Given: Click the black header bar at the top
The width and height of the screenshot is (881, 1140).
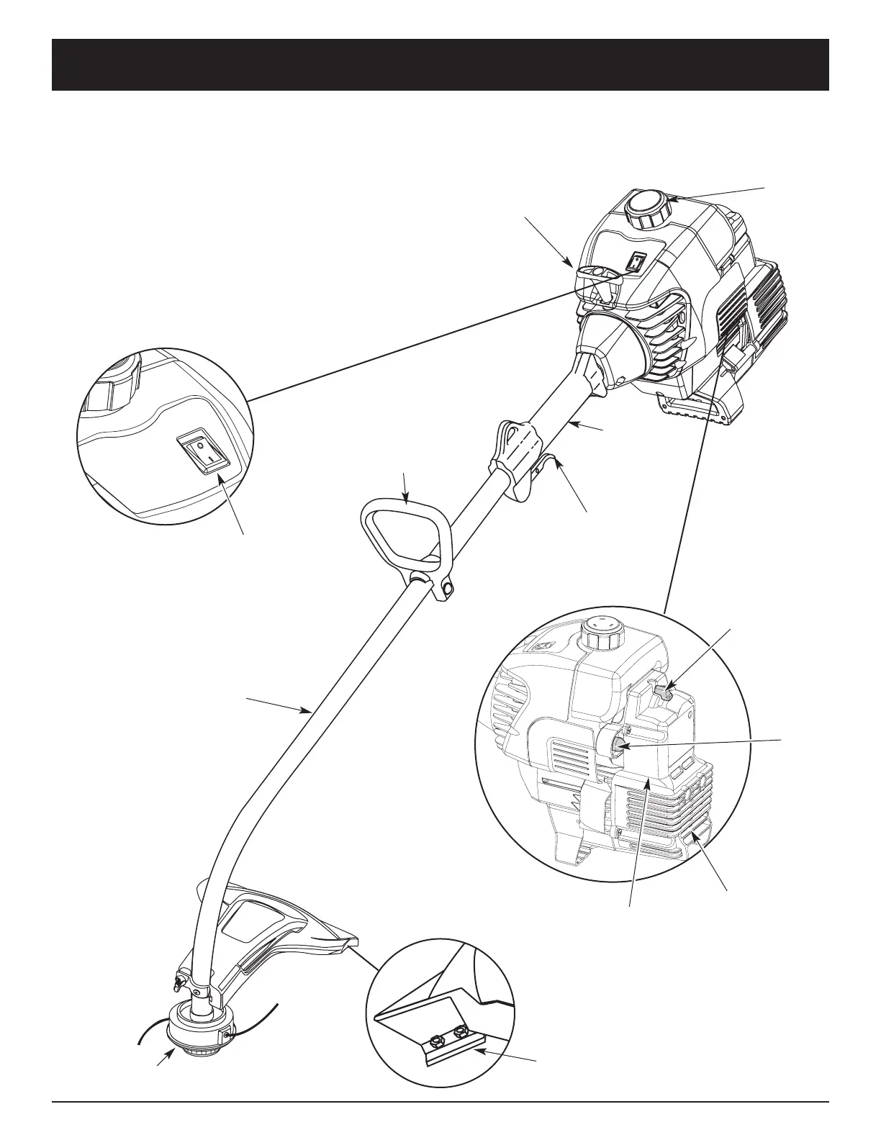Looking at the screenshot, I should pos(440,65).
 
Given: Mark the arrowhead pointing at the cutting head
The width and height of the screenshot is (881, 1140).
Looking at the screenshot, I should pos(170,1053).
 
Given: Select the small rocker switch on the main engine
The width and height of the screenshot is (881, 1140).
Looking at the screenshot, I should pos(636,263).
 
